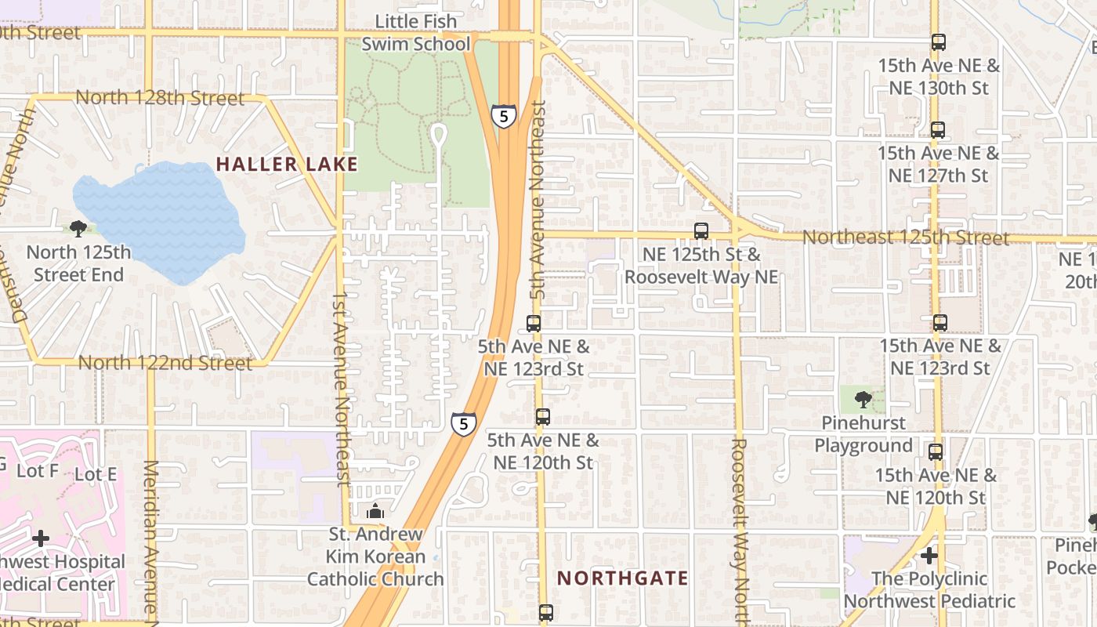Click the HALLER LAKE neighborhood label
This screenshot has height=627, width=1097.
pyautogui.click(x=287, y=165)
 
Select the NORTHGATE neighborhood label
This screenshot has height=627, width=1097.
pyautogui.click(x=622, y=578)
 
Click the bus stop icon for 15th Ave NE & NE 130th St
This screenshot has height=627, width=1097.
pyautogui.click(x=938, y=42)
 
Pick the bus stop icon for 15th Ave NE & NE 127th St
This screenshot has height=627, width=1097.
pyautogui.click(x=938, y=130)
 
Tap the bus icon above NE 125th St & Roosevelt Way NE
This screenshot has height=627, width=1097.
pyautogui.click(x=701, y=231)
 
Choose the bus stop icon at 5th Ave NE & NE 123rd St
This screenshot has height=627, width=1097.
pyautogui.click(x=534, y=323)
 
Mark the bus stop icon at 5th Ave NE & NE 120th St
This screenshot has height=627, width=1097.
pyautogui.click(x=543, y=417)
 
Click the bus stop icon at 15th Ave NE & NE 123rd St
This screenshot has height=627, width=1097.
pyautogui.click(x=940, y=323)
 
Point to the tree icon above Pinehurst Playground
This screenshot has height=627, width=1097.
pyautogui.click(x=863, y=400)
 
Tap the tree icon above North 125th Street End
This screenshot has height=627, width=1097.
pyautogui.click(x=78, y=229)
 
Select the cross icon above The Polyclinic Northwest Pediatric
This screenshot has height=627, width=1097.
pyautogui.click(x=929, y=556)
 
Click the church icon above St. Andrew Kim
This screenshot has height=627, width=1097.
pyautogui.click(x=375, y=511)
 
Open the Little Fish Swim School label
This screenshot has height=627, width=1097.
pyautogui.click(x=415, y=32)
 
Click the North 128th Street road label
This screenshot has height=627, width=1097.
pyautogui.click(x=160, y=98)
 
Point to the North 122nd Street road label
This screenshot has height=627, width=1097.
pyautogui.click(x=165, y=363)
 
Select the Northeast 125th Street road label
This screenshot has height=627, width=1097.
pyautogui.click(x=905, y=237)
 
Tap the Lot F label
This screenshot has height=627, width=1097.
pyautogui.click(x=37, y=471)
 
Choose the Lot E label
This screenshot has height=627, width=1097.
pyautogui.click(x=95, y=474)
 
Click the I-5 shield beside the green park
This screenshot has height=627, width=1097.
pyautogui.click(x=503, y=116)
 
